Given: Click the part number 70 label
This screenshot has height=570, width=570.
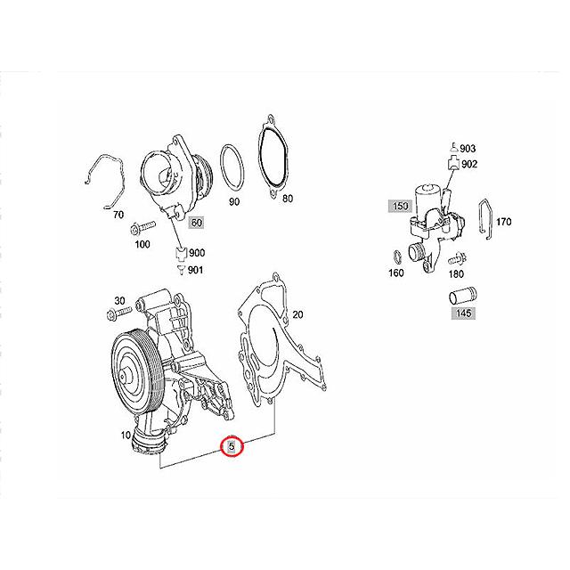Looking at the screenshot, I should tap(117, 215).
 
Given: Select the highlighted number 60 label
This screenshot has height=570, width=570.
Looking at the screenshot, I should tap(196, 222).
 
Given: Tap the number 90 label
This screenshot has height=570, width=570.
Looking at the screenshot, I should tap(235, 202).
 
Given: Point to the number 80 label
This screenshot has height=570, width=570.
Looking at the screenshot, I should tap(287, 199).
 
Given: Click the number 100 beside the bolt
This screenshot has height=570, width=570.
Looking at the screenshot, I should tap(142, 244).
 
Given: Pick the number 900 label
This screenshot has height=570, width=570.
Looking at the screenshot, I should tap(197, 253).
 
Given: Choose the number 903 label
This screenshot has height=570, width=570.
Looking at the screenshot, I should tap(468, 148).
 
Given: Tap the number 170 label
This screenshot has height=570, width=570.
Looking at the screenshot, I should tap(502, 221).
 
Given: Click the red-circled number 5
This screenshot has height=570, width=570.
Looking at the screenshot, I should tap(232, 445).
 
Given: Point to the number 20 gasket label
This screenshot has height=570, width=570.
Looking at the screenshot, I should tap(297, 314).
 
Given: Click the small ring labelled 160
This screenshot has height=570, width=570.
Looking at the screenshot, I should tap(393, 258).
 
